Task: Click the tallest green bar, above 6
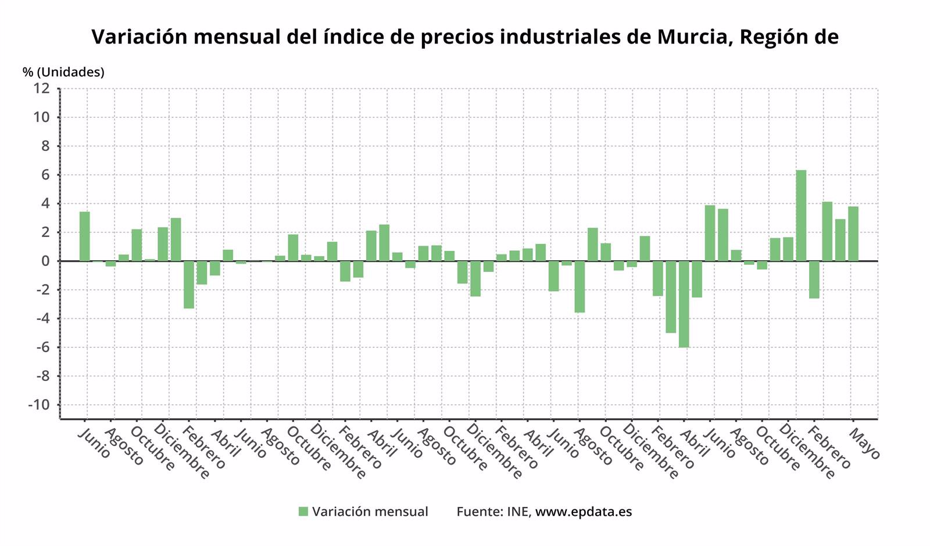801,215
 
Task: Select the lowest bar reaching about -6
684,304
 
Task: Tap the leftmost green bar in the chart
85,236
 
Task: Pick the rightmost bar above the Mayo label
853,234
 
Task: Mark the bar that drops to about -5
671,297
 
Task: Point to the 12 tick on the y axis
42,88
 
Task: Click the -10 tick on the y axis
38,405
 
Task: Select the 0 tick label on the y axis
45,261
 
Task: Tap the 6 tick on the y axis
45,175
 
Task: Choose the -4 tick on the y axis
41,318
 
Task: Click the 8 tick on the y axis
45,146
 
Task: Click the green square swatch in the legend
303,512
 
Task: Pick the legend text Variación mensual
370,512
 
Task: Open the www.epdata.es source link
583,512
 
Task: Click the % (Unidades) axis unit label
63,72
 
